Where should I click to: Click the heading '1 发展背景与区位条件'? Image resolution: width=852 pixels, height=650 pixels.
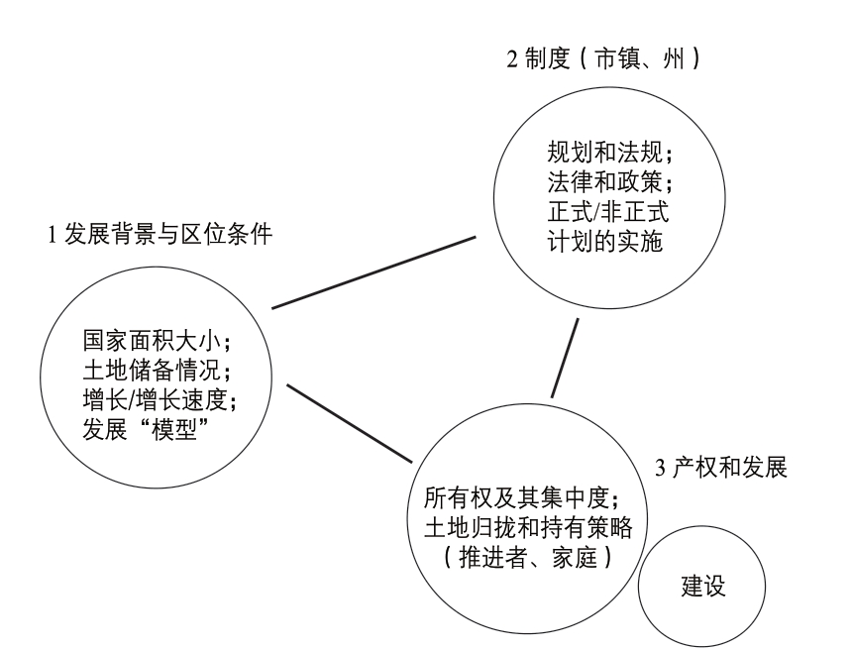[x=160, y=234]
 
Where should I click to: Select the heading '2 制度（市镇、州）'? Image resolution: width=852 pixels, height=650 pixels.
[x=604, y=58]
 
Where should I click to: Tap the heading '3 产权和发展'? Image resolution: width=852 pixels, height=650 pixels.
[x=721, y=467]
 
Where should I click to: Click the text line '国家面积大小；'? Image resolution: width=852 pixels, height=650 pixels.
[x=159, y=341]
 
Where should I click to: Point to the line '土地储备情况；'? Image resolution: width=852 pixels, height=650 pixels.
[x=159, y=371]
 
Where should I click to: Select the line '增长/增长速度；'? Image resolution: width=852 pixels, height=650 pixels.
[x=160, y=399]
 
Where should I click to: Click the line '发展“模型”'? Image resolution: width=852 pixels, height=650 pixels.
[x=147, y=429]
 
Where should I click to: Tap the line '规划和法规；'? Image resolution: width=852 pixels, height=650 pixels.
[x=610, y=152]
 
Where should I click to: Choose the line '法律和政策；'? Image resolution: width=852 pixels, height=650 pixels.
[x=610, y=181]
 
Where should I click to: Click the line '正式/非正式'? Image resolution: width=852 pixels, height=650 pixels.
[x=608, y=211]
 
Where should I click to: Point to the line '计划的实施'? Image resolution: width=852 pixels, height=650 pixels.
[x=604, y=242]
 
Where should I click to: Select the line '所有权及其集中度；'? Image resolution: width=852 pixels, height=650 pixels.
[x=522, y=496]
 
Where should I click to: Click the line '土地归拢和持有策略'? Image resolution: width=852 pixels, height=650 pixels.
[x=528, y=526]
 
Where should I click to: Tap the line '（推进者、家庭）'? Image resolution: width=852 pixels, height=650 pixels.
[x=528, y=557]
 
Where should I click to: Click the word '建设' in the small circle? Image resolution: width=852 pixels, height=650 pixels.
[x=703, y=586]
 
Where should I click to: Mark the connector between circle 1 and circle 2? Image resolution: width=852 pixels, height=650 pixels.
[x=373, y=272]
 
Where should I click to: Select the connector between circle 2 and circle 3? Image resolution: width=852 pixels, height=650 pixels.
[x=565, y=358]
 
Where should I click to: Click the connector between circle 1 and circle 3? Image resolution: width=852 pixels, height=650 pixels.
[x=350, y=423]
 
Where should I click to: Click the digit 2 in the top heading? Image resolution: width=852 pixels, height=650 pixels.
[x=512, y=59]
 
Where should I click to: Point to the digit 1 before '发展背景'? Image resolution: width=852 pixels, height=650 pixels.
[x=53, y=235]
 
